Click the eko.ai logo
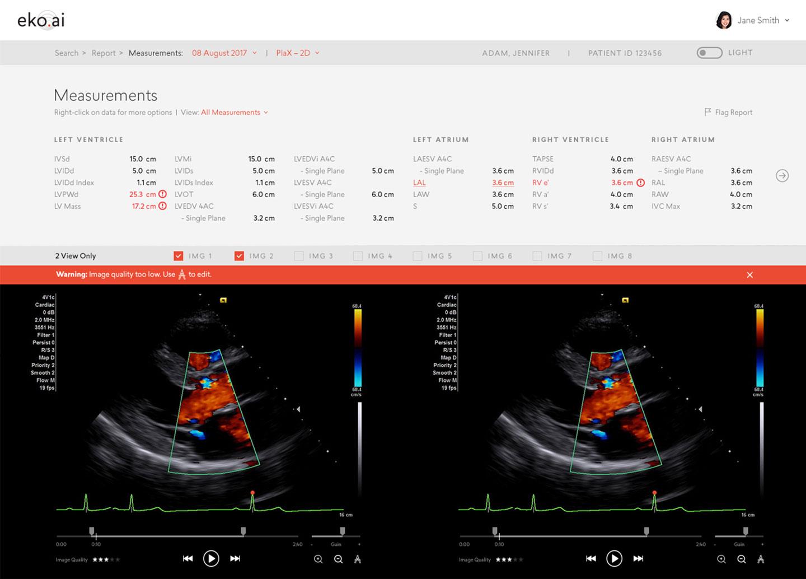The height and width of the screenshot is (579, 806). click(x=41, y=20)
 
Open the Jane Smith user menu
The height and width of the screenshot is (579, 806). click(x=753, y=20)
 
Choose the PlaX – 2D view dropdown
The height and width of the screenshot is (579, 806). click(x=297, y=53)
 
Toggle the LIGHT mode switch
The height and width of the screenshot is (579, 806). click(x=709, y=53)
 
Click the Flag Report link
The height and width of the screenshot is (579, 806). click(x=728, y=112)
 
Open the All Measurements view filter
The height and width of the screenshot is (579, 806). click(x=234, y=112)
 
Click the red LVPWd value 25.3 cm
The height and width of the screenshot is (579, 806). click(x=142, y=194)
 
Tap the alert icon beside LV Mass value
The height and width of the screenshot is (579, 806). click(x=162, y=206)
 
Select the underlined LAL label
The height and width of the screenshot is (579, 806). click(x=419, y=183)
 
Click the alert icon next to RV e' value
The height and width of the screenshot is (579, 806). click(x=640, y=183)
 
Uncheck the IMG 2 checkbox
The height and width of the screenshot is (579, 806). click(x=239, y=256)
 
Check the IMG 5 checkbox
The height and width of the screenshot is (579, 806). click(x=418, y=256)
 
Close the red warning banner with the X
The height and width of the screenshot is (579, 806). click(x=749, y=275)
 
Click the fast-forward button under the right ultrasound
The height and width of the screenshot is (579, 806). click(x=638, y=558)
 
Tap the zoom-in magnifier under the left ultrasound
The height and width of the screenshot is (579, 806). click(x=318, y=559)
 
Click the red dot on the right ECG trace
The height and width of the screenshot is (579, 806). click(x=654, y=493)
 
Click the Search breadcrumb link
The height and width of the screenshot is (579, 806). click(x=67, y=53)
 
